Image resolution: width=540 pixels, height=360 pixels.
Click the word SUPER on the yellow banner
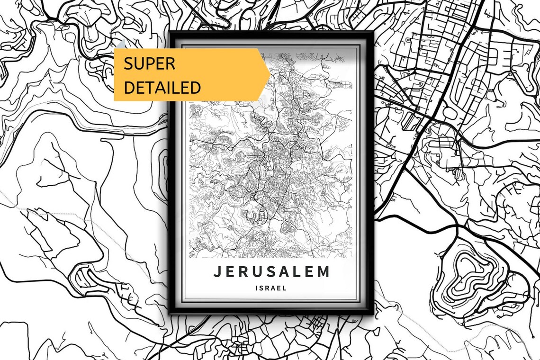coord(149,63)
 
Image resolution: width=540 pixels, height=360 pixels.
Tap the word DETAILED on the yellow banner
coord(162,88)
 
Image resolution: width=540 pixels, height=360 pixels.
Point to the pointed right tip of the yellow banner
coord(270,74)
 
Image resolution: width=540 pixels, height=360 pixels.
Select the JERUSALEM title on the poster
coord(271,272)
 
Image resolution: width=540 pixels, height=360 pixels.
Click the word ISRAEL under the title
coord(271,288)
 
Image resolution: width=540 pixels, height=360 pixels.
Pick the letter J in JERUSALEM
coord(217,272)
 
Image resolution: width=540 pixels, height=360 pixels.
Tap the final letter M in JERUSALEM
coord(324,272)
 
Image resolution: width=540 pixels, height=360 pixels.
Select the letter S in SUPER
coord(128,63)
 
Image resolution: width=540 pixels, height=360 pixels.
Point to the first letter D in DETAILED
coord(129,88)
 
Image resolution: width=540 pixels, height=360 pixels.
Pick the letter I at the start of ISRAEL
coord(256,288)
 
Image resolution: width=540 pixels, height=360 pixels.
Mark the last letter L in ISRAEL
coord(285,288)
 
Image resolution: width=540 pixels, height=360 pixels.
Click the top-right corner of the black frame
coord(373,32)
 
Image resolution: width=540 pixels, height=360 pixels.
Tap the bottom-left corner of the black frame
coord(170,313)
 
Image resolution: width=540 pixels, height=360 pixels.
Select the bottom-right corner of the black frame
coord(373,313)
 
